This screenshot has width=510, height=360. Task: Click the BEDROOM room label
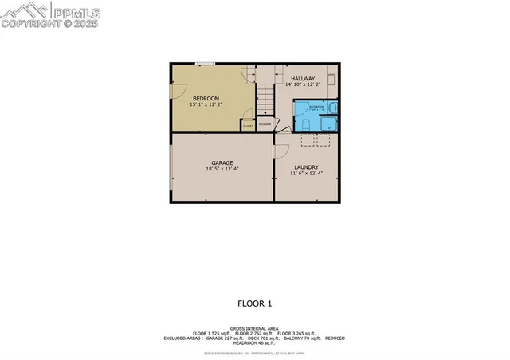tap(205, 98)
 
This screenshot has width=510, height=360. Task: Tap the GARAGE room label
tap(222, 161)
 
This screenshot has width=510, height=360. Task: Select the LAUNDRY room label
tap(305, 166)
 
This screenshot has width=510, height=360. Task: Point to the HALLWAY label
tap(302, 78)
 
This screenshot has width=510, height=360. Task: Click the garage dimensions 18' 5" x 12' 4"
tap(222, 168)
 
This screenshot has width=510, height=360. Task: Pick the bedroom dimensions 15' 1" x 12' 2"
tap(205, 104)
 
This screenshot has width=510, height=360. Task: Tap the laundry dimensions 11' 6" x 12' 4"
tap(305, 174)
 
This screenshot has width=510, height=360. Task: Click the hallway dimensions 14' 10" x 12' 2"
tap(302, 84)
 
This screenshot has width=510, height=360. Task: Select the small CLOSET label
tap(248, 125)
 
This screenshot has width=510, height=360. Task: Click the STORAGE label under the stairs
tap(265, 124)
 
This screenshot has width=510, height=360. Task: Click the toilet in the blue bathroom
tap(305, 124)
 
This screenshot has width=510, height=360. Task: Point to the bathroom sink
tap(332, 108)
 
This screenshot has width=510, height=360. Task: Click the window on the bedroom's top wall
tap(205, 64)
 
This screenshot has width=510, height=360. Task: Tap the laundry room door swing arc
tap(280, 152)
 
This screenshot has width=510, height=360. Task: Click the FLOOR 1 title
tap(255, 303)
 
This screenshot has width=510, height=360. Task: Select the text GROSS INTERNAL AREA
tap(254, 327)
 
